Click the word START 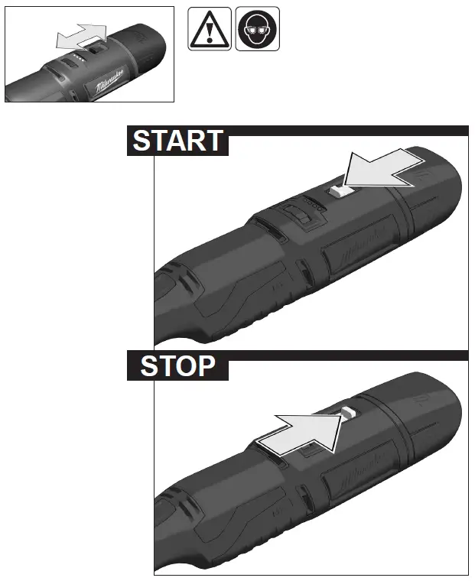[x=177, y=141]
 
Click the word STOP [x=177, y=366]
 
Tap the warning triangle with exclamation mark [x=208, y=30]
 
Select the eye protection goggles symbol [x=257, y=30]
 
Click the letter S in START [x=142, y=141]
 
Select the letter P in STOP [x=216, y=366]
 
